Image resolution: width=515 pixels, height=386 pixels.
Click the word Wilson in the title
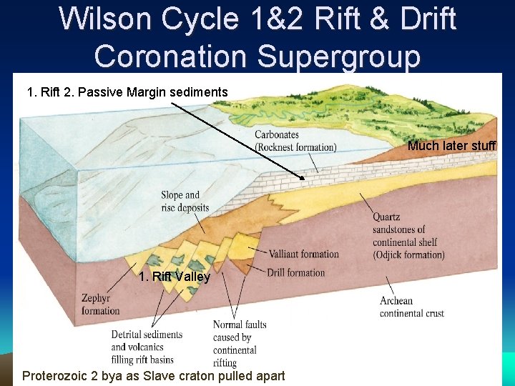(x=107, y=19)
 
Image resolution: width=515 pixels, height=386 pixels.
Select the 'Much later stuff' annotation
(x=451, y=146)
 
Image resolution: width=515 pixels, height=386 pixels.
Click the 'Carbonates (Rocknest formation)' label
(x=295, y=141)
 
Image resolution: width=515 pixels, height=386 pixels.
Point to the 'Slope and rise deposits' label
(x=185, y=202)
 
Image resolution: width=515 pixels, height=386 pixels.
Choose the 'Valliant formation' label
(x=303, y=254)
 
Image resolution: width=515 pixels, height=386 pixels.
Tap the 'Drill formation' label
(x=295, y=272)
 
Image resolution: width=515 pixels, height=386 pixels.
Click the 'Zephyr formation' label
(x=101, y=305)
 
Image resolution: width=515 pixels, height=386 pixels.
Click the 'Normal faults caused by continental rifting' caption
(x=239, y=344)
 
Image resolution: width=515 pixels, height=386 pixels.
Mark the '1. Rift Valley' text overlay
(x=175, y=277)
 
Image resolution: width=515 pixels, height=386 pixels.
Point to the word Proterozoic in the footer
(x=58, y=376)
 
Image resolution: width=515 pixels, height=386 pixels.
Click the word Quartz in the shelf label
(x=386, y=217)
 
